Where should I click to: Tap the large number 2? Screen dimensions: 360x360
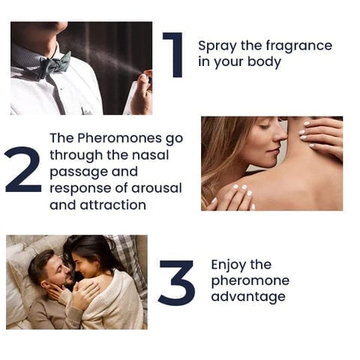pyautogui.click(x=23, y=169)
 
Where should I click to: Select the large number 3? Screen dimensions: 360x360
pyautogui.click(x=176, y=283)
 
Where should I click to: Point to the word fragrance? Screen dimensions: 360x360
pyautogui.click(x=298, y=46)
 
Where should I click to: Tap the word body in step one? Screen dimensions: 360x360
pyautogui.click(x=264, y=61)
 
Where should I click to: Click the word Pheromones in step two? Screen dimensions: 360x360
pyautogui.click(x=119, y=138)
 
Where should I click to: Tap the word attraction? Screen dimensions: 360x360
pyautogui.click(x=113, y=205)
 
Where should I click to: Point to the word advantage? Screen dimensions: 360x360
pyautogui.click(x=248, y=298)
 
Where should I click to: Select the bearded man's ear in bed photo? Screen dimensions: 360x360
pyautogui.click(x=45, y=285)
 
